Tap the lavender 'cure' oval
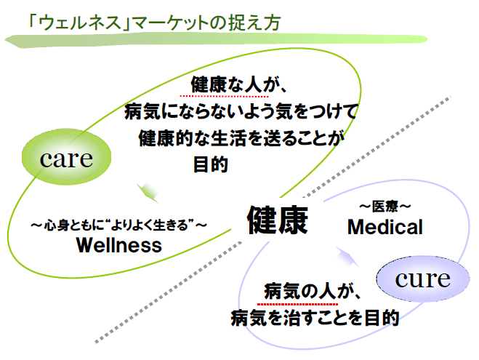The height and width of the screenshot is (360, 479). (422, 278)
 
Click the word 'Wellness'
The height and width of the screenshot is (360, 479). (118, 245)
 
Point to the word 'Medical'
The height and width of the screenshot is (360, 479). (385, 227)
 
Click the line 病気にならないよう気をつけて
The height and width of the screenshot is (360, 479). (241, 112)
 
